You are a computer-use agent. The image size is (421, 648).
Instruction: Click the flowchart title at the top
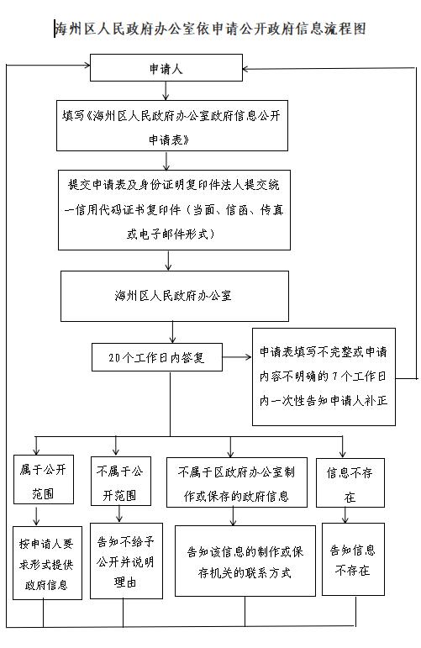[210, 29]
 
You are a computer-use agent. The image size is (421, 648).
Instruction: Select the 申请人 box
[166, 67]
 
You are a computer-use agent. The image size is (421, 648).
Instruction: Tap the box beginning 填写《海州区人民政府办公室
[172, 125]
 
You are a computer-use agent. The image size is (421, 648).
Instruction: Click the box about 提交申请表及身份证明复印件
[174, 210]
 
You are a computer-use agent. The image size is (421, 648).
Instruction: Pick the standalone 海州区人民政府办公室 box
[174, 296]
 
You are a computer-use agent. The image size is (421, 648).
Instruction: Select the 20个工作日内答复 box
[156, 357]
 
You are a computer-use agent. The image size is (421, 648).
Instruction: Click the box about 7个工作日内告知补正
[324, 377]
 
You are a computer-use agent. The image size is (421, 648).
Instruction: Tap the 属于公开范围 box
[44, 479]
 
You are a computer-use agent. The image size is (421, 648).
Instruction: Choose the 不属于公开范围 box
[121, 481]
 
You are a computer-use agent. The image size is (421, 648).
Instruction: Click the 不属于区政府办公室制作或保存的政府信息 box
[237, 482]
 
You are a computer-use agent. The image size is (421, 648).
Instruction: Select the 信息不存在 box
[350, 482]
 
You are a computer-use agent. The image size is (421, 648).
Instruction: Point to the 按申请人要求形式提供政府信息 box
[47, 563]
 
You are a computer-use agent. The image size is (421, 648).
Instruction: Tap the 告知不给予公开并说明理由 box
[126, 561]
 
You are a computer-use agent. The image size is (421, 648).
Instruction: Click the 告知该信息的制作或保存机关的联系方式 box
[245, 561]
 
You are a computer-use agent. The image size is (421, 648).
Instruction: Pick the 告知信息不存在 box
[353, 559]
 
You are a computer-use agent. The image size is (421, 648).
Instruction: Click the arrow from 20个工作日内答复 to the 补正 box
[237, 357]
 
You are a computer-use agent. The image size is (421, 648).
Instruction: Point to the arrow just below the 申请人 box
[166, 91]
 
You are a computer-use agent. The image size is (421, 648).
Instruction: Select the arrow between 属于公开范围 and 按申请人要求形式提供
[36, 515]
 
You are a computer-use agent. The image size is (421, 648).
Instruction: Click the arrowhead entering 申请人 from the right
[245, 69]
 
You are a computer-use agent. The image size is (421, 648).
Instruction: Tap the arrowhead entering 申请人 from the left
[87, 65]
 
